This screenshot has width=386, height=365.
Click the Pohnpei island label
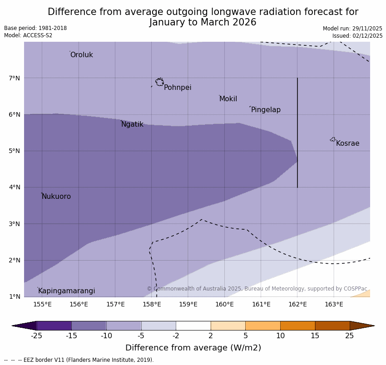(x=178, y=88)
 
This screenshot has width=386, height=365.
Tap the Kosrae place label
(x=347, y=143)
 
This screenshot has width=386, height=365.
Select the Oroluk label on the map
(x=81, y=55)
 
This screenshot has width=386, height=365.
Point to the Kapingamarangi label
(x=66, y=291)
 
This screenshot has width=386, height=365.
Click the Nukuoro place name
(x=56, y=197)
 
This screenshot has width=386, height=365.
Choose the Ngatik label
(x=132, y=124)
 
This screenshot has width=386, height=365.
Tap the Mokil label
(x=228, y=99)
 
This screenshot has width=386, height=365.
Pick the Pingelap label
(x=266, y=110)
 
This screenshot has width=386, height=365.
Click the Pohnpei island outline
(x=159, y=82)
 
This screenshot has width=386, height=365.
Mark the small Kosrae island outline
(x=333, y=139)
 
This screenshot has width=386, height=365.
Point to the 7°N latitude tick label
(x=15, y=78)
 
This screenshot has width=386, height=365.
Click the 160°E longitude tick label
(x=224, y=304)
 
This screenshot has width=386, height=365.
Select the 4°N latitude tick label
(x=15, y=187)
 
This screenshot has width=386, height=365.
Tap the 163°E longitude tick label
(x=334, y=304)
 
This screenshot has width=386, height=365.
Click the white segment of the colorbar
(x=193, y=326)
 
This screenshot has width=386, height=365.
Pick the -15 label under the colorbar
(x=71, y=336)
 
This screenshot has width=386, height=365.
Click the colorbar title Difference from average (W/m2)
(x=193, y=348)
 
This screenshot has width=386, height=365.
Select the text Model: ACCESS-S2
(x=28, y=35)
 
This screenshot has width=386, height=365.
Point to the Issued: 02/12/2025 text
(x=357, y=36)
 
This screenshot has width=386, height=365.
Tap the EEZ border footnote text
(x=79, y=360)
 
